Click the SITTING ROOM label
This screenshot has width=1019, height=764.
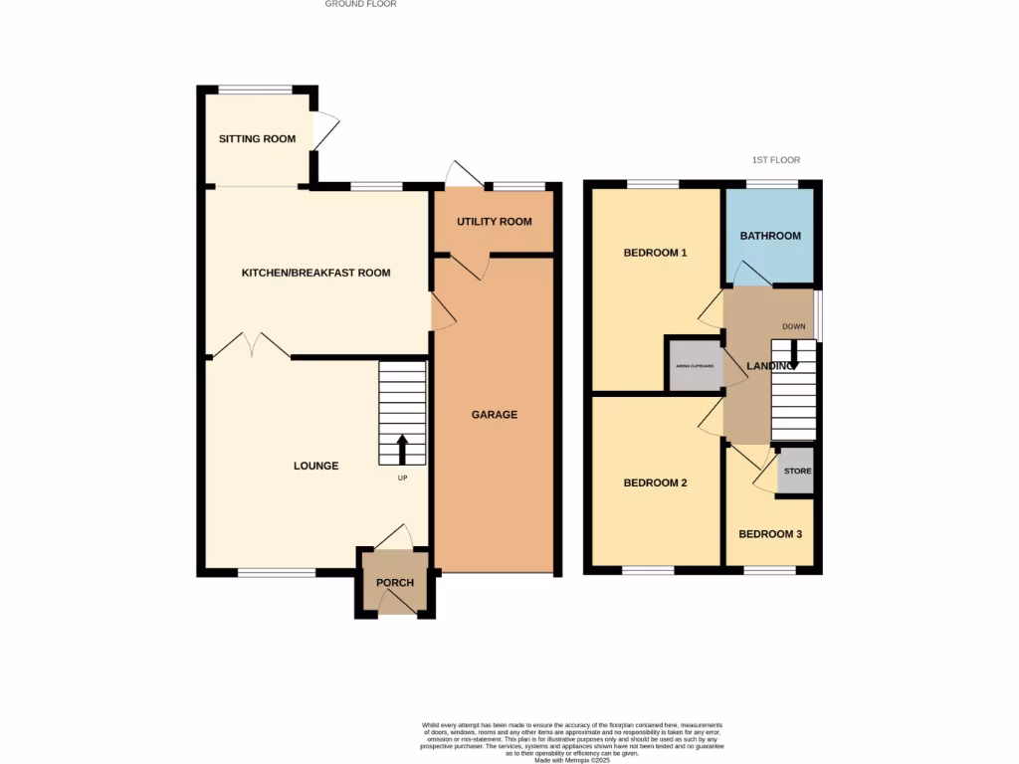[x=257, y=139]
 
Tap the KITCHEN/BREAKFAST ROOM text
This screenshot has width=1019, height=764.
[x=315, y=273]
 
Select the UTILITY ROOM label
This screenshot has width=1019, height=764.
[x=495, y=222]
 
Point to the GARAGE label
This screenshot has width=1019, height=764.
[x=495, y=415]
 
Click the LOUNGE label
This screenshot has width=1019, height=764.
[x=315, y=466]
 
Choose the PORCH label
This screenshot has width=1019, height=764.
[x=395, y=583]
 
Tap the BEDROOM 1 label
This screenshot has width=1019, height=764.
[x=655, y=253]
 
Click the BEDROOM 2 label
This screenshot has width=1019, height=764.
[x=655, y=483]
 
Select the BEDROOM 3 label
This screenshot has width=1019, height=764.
[x=770, y=534]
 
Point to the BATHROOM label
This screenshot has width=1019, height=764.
[x=770, y=236]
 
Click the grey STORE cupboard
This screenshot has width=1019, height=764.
[x=796, y=471]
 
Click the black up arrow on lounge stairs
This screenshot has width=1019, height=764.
[x=402, y=449]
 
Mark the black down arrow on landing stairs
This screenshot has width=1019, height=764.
[x=793, y=355]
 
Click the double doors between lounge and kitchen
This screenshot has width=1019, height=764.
[x=252, y=346]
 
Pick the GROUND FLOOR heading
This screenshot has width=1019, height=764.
[x=360, y=4]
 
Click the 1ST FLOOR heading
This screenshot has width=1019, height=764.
[x=775, y=160]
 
